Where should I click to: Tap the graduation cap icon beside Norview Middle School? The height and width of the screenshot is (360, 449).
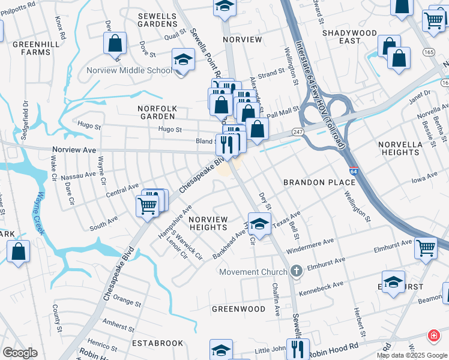[183, 60]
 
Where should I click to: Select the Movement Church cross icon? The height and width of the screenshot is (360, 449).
[295, 272]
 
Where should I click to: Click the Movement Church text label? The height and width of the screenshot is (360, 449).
[253, 272]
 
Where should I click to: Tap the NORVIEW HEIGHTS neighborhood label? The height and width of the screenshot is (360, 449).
[208, 223]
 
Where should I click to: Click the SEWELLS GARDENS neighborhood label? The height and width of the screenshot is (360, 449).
[157, 20]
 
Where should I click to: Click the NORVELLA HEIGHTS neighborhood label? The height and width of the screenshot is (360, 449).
[399, 148]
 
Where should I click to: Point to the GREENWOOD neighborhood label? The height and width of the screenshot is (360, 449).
[238, 309]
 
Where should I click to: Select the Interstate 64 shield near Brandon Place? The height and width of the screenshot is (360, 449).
[354, 172]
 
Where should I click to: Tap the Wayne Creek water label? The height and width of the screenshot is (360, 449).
[40, 212]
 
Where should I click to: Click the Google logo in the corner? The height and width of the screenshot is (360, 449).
[19, 353]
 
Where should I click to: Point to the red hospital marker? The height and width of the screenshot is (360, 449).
[433, 335]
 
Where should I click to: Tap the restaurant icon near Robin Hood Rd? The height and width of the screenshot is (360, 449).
[297, 347]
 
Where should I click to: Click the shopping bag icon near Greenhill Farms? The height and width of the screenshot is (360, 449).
[114, 43]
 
